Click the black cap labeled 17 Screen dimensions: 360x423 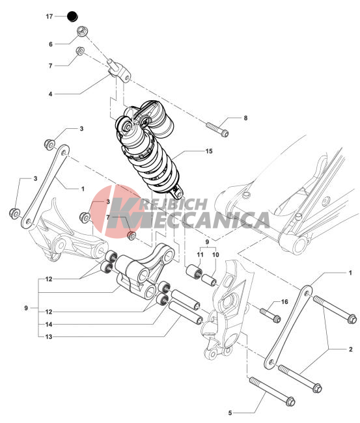coord(72,16)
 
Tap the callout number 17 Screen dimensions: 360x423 coord(49,16)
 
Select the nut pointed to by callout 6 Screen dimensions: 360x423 coord(82,31)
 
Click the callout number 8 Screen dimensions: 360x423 coord(245,118)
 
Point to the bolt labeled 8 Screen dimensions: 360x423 coord(217,130)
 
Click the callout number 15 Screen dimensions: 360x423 coord(209,151)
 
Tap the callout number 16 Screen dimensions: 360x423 coord(284,301)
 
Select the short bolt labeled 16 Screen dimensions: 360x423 coord(270,316)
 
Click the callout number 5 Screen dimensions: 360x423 coord(230,413)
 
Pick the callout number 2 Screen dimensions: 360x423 coord(350,349)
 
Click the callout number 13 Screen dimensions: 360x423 coord(49,336)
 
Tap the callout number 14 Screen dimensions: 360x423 coord(49,324)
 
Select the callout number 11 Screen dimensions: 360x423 coord(200,254)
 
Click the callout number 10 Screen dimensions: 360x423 coord(215,254)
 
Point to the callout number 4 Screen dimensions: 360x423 coord(50,94)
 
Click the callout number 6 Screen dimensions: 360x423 coord(51,44)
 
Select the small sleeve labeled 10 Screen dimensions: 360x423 coord(210,280)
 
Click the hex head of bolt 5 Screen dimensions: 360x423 coord(290,402)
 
